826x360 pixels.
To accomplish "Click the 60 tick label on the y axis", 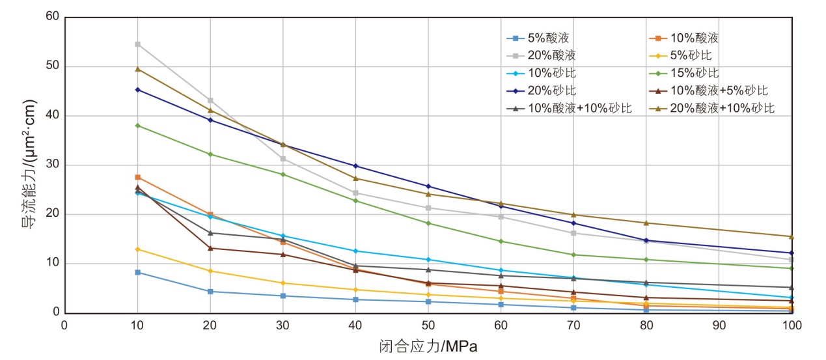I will tap(52, 18).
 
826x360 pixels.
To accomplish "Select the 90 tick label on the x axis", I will tap(719, 324).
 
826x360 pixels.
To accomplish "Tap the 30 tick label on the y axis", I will tap(52, 165).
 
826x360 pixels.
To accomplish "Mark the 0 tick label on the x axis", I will tap(64, 324).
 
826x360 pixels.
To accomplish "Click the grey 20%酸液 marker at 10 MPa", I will tap(137, 44).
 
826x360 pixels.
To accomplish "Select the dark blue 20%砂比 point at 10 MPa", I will tap(137, 90).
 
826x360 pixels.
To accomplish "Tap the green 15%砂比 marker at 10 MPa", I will tap(137, 126).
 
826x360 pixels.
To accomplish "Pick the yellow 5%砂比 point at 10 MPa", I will tap(137, 249).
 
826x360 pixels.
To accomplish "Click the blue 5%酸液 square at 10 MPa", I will tap(137, 272).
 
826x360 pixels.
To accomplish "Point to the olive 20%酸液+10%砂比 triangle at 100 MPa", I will tap(792, 236).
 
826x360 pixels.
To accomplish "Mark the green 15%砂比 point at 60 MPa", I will tap(501, 242).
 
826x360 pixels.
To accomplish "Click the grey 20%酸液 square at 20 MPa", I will tap(210, 100).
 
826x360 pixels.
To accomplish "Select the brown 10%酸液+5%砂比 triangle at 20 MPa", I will tap(210, 248).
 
